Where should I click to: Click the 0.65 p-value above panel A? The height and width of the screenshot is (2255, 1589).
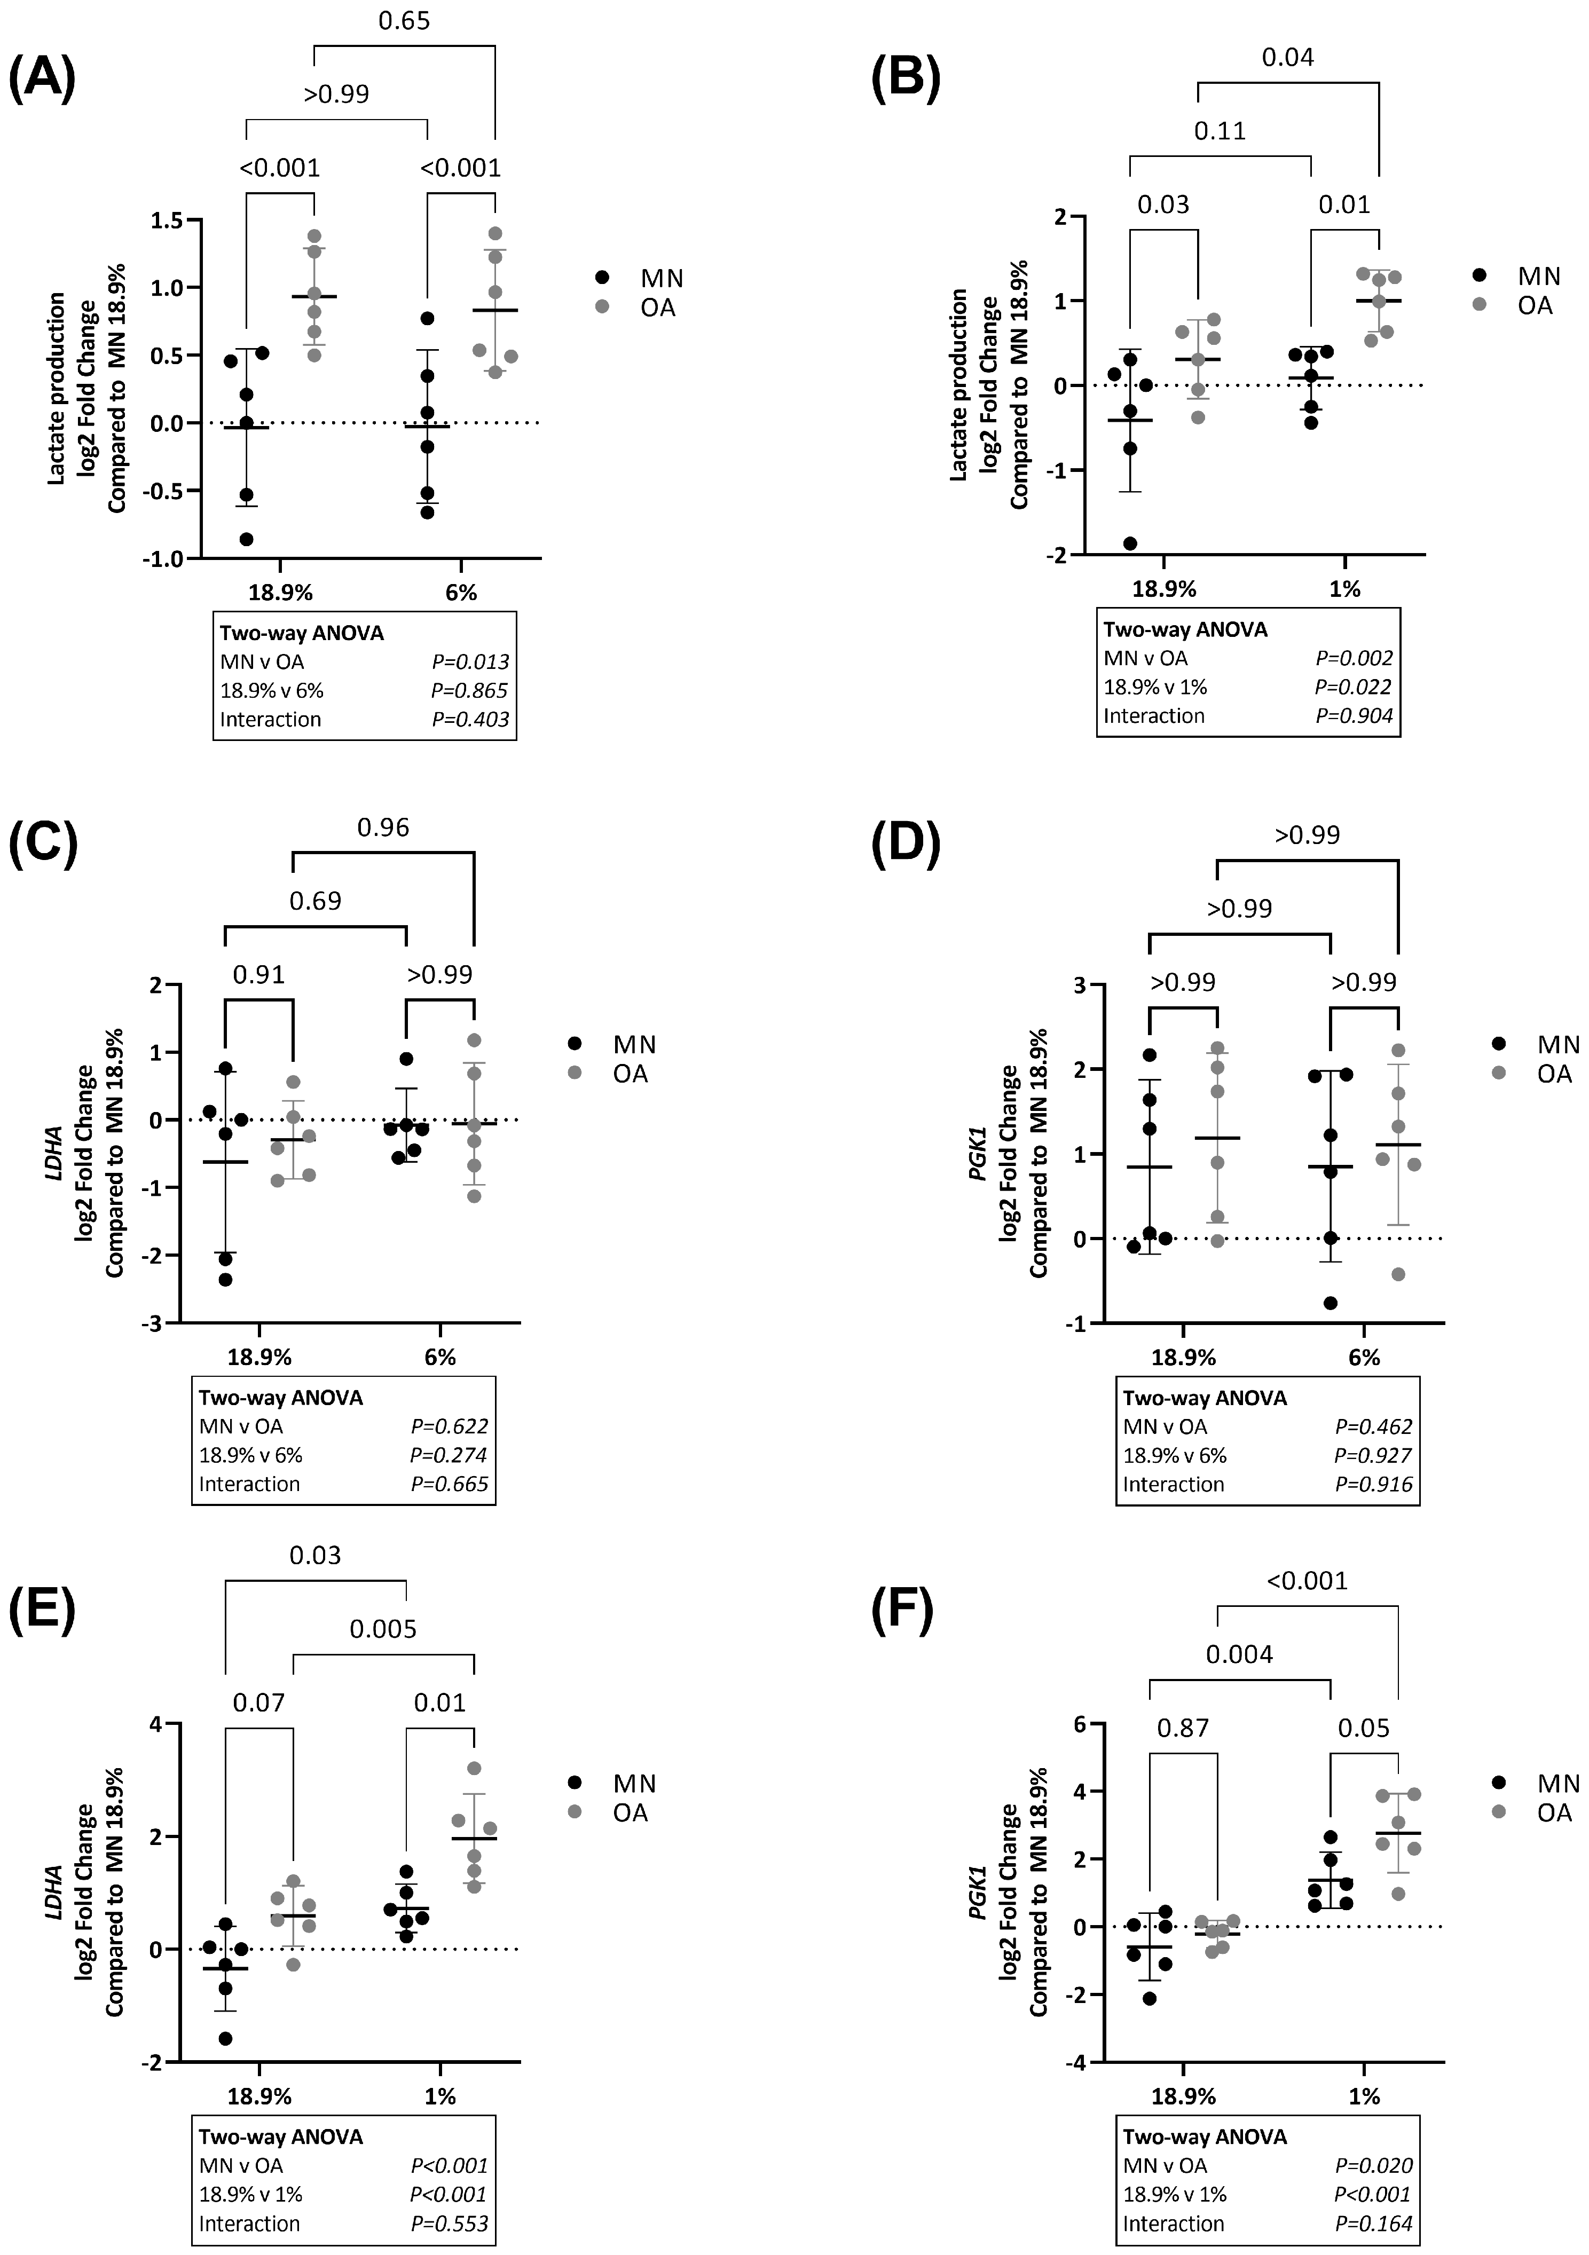click(404, 21)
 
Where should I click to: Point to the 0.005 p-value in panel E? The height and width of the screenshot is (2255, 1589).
click(383, 1629)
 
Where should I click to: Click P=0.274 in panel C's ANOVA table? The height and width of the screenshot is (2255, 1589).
click(449, 1455)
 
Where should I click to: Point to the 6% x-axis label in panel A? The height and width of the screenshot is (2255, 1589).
click(461, 592)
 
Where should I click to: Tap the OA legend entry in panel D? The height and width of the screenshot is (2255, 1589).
click(1554, 1074)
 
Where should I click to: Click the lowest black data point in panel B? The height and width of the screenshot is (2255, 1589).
click(1130, 543)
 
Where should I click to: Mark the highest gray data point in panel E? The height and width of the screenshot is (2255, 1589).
click(474, 1768)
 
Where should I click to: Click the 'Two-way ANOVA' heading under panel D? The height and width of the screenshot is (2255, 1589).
click(1204, 1398)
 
